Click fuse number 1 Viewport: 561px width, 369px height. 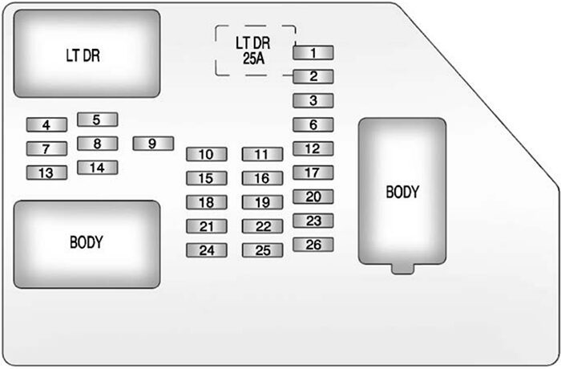[313, 53]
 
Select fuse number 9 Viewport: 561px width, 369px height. [153, 144]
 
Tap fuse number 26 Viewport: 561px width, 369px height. [313, 245]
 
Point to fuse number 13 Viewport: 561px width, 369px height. [46, 172]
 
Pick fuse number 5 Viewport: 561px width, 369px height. [97, 120]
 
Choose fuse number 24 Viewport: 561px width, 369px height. [207, 249]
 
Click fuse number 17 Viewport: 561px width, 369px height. [313, 172]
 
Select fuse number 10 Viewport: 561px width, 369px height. [207, 154]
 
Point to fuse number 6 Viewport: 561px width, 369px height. [313, 124]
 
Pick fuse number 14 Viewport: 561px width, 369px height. [97, 168]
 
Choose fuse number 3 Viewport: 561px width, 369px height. [313, 100]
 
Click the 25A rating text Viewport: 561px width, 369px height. [255, 58]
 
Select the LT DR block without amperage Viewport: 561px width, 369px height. [87, 55]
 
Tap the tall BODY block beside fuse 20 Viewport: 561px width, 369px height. [402, 193]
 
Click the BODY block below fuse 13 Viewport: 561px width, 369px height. [87, 243]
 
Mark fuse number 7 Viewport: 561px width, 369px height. [46, 148]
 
